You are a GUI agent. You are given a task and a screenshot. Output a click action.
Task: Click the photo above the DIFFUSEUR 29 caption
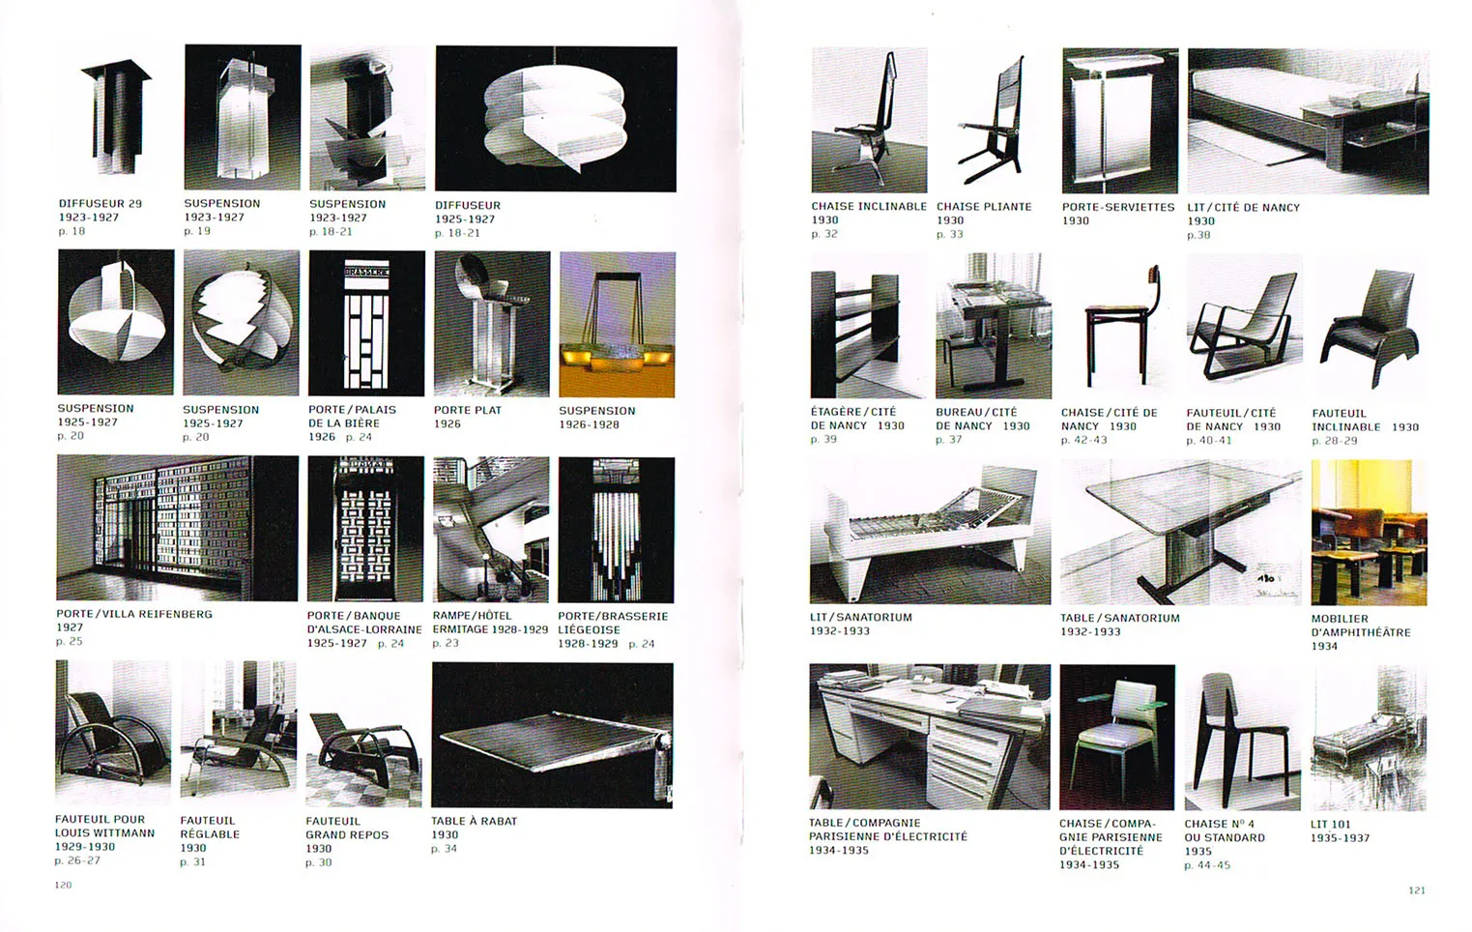[116, 118]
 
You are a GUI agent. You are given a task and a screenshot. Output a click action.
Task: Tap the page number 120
[63, 885]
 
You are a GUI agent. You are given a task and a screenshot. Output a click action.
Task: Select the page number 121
[1417, 889]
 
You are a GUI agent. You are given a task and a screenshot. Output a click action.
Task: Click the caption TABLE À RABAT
[475, 821]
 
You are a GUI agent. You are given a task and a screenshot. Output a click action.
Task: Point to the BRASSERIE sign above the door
[366, 271]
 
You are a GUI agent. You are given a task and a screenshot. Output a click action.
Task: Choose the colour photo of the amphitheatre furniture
[1369, 533]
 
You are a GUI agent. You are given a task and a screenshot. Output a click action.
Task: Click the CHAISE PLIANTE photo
[993, 120]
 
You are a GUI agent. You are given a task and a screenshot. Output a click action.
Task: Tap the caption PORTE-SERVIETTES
[1118, 207]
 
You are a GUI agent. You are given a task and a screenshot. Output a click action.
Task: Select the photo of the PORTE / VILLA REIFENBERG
[178, 528]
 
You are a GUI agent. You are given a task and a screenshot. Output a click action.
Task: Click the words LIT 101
[1331, 825]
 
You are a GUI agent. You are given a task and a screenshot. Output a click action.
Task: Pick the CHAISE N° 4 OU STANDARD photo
[1243, 738]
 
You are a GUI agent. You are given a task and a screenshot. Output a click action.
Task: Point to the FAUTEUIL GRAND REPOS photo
[363, 735]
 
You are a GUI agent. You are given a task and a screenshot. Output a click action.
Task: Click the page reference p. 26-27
[77, 860]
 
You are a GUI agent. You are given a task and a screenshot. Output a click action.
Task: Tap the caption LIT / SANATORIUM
[861, 617]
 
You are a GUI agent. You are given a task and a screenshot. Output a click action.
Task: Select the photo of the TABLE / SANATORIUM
[1181, 532]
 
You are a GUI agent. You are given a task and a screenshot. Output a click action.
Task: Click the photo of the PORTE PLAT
[492, 324]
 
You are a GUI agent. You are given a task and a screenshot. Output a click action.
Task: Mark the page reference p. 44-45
[1207, 865]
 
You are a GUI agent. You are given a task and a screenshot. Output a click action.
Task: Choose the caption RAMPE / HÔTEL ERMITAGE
[490, 623]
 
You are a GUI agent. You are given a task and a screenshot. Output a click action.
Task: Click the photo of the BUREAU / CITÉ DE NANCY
[994, 326]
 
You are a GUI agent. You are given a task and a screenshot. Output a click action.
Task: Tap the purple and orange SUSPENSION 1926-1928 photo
[617, 325]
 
